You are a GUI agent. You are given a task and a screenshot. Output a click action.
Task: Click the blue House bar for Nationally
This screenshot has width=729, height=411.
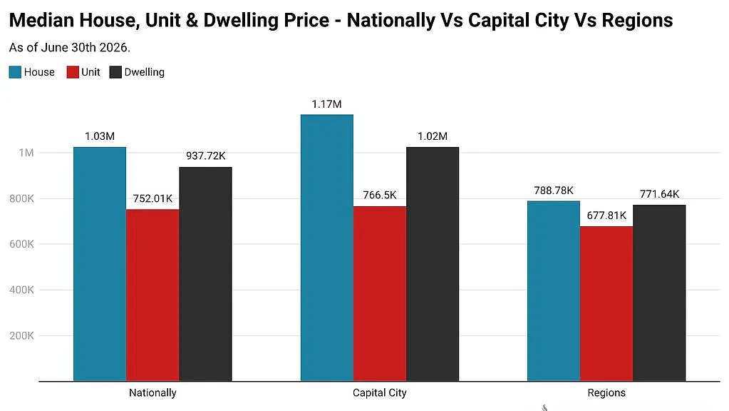(x=100, y=264)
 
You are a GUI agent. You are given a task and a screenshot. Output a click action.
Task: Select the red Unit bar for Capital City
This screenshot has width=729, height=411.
(x=380, y=294)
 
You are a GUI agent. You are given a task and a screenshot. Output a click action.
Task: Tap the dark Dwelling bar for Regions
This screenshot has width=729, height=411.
(x=659, y=293)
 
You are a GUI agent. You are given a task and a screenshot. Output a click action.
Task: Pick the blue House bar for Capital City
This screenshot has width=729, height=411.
(x=327, y=248)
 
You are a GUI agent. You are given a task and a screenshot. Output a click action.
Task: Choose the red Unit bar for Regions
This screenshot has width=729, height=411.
(x=606, y=304)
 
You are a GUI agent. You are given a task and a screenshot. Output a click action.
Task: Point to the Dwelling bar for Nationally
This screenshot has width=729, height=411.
(x=205, y=274)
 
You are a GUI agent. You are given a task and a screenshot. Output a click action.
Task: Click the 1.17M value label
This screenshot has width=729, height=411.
(x=327, y=103)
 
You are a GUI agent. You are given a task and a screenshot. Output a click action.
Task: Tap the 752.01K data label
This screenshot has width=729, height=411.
(x=152, y=198)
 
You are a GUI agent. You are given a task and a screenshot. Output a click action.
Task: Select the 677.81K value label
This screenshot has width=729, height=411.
(x=606, y=215)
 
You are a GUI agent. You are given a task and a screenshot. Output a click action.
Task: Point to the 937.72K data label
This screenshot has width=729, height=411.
(x=205, y=156)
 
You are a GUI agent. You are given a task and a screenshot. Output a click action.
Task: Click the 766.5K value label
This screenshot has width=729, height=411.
(x=380, y=195)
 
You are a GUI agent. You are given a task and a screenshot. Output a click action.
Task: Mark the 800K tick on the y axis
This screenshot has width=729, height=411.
(x=22, y=198)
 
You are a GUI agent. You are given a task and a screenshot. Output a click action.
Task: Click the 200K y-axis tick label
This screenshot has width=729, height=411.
(x=22, y=335)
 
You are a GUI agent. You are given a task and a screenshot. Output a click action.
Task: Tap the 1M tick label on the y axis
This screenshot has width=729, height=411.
(x=26, y=153)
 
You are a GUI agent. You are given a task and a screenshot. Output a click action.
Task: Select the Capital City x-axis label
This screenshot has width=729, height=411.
(x=379, y=393)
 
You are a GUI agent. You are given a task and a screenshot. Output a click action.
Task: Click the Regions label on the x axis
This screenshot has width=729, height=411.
(x=606, y=393)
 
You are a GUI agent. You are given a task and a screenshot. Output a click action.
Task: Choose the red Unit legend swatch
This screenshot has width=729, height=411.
(x=73, y=72)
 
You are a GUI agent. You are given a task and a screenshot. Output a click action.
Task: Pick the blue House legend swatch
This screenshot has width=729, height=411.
(x=15, y=72)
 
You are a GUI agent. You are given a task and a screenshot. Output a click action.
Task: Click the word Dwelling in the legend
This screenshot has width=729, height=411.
(x=144, y=72)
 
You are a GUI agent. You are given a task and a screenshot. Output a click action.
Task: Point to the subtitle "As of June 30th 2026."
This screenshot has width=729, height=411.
(x=70, y=48)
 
